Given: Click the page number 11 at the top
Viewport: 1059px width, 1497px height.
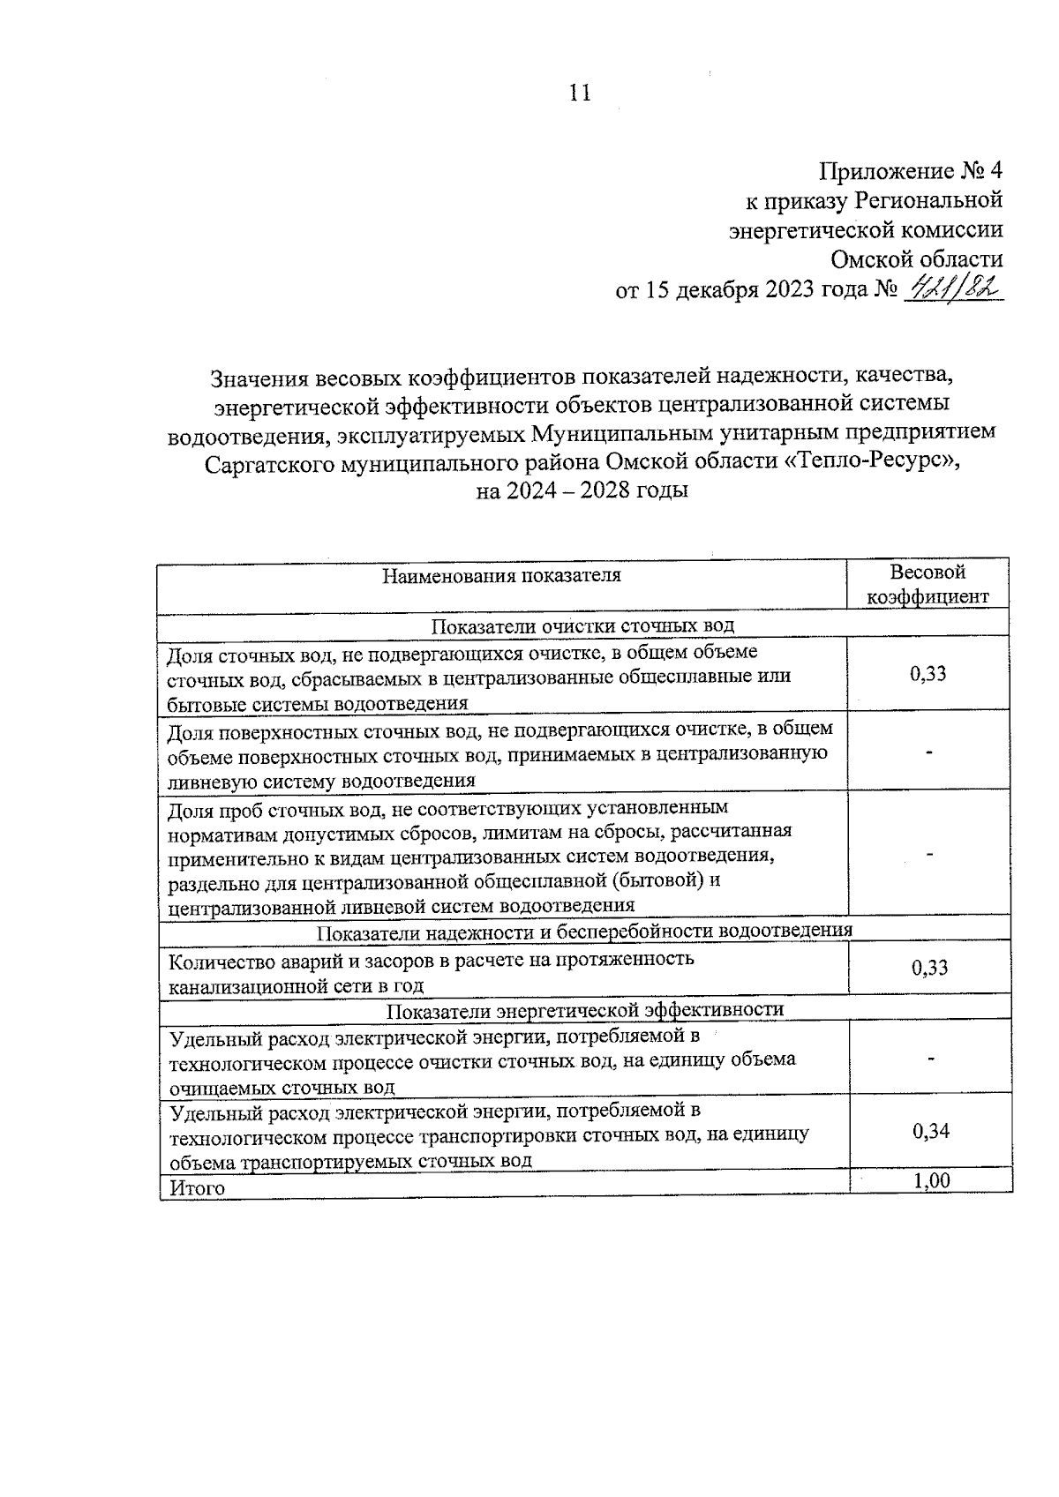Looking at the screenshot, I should [x=580, y=94].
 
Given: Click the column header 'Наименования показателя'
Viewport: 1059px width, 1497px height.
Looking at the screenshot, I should [x=501, y=576].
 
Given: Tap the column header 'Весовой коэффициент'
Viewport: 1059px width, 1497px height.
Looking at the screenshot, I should [x=928, y=584].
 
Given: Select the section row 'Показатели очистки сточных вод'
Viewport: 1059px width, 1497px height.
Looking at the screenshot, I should [x=582, y=625].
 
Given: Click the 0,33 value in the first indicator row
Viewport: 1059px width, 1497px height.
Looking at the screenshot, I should [x=928, y=675].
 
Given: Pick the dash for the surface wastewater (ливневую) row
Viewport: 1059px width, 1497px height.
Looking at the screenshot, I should [x=928, y=752].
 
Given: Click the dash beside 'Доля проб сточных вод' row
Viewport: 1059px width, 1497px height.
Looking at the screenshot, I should [x=928, y=854].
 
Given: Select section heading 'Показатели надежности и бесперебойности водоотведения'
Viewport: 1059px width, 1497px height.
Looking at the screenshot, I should [x=583, y=931].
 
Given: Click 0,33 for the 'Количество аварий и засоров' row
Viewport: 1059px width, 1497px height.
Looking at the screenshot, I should [x=929, y=968].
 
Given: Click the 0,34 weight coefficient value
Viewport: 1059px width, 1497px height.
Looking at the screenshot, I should [x=931, y=1131].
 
